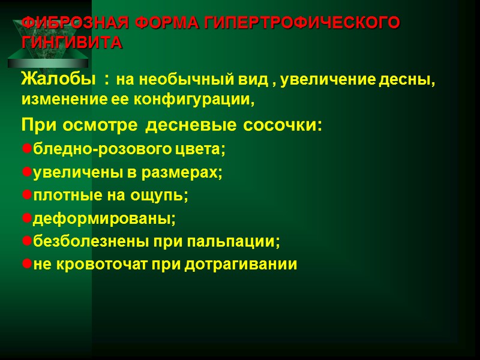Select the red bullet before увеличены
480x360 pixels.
click(26, 172)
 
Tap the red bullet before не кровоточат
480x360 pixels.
click(26, 265)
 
